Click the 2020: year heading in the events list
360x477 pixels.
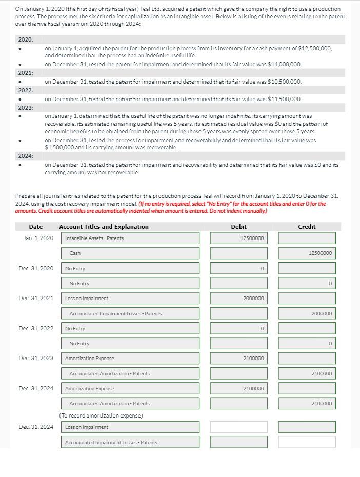(x=26, y=39)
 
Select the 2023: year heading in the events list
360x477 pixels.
(x=26, y=108)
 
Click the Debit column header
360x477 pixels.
(x=238, y=227)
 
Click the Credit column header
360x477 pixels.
(x=307, y=227)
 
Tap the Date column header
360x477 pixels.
(x=36, y=227)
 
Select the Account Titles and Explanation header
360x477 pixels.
(x=104, y=227)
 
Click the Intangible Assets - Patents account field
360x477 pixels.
(x=131, y=238)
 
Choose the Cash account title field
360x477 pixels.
(x=131, y=253)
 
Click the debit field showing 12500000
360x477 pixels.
(x=238, y=238)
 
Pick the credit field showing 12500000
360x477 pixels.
(x=307, y=253)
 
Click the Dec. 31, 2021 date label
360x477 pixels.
(x=36, y=298)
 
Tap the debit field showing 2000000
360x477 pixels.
(x=238, y=298)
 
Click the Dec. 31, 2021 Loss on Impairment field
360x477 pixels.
(x=131, y=298)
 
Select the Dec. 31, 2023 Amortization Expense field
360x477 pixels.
(x=131, y=358)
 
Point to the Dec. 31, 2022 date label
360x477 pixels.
(x=36, y=328)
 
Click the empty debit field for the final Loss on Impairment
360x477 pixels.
(x=238, y=427)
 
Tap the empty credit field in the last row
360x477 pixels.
(x=307, y=442)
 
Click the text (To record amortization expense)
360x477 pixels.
(x=101, y=415)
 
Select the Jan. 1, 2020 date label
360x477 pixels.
(x=38, y=238)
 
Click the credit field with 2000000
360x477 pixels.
(x=307, y=313)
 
